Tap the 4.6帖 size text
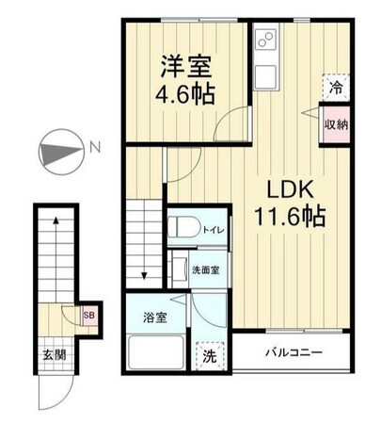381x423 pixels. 185,95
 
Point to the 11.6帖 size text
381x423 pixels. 289,217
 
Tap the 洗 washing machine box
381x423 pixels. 212,356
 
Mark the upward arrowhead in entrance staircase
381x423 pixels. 58,220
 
